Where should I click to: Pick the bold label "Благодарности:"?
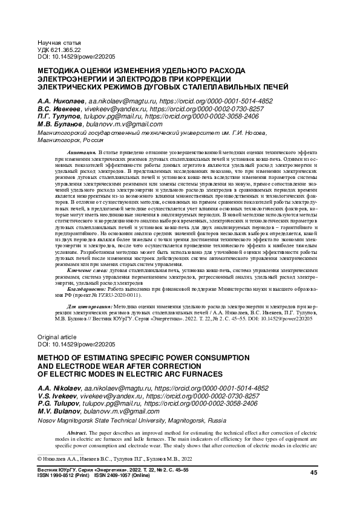click(x=85, y=290)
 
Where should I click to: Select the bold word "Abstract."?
click(x=79, y=434)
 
